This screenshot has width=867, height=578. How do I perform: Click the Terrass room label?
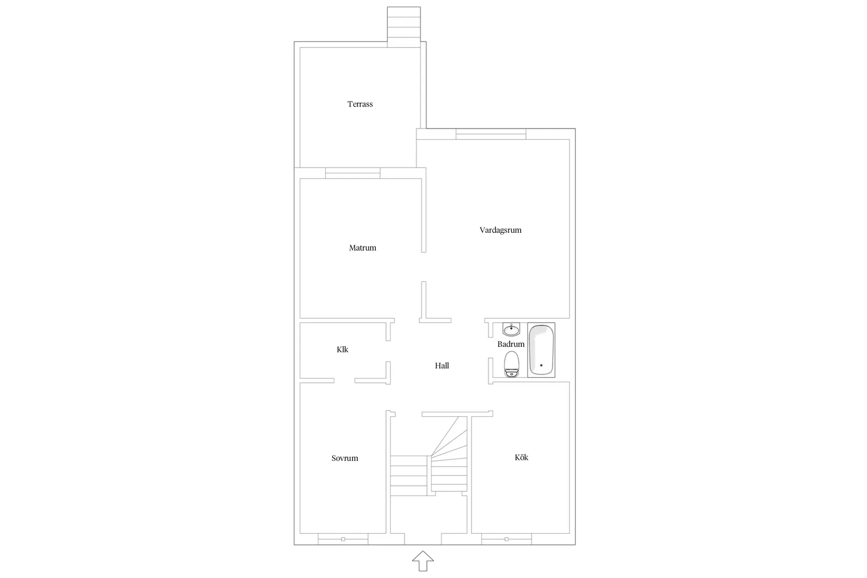point(360,104)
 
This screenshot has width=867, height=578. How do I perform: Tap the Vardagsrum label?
point(500,230)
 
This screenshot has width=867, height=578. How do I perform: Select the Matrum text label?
point(363,247)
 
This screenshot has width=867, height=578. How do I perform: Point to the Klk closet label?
point(342,349)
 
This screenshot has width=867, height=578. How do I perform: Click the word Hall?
point(442,366)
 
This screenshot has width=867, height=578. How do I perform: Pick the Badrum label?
point(511,344)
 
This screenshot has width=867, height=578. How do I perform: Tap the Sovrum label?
point(345,458)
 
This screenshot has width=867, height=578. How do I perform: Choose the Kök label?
point(521,457)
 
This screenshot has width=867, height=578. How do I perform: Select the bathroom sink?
point(511,329)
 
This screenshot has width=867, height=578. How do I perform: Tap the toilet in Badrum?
point(511,365)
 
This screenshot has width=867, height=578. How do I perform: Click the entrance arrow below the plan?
point(423,561)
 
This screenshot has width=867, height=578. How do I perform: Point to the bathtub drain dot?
point(541,365)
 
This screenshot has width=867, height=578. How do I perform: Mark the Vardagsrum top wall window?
point(491,134)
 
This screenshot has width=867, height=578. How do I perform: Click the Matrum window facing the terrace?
point(353,173)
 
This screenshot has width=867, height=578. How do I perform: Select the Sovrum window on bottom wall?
point(343,539)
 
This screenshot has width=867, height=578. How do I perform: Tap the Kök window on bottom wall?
point(507,539)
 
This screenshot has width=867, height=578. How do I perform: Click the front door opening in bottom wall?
point(423,539)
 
